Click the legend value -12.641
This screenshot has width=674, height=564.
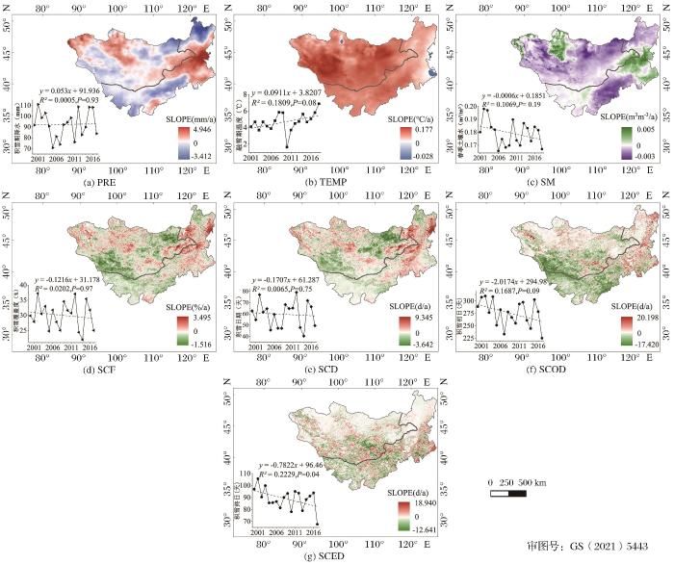(x=416, y=528)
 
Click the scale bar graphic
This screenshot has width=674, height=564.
(x=508, y=495)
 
